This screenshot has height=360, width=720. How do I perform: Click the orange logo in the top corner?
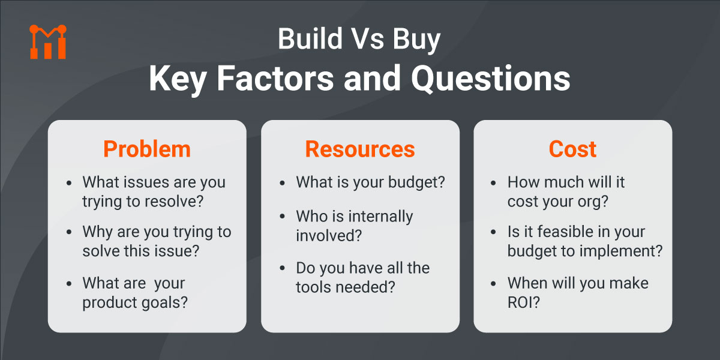pyautogui.click(x=47, y=42)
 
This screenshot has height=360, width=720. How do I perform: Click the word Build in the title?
pyautogui.click(x=304, y=40)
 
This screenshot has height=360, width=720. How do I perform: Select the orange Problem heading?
pyautogui.click(x=146, y=149)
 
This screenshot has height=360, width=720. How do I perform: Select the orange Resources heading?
pyautogui.click(x=360, y=149)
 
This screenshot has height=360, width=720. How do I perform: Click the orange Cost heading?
pyautogui.click(x=572, y=149)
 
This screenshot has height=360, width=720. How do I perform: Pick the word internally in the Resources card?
pyautogui.click(x=377, y=216)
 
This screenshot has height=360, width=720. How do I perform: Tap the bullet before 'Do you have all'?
pyautogui.click(x=283, y=269)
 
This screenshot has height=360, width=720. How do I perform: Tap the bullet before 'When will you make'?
pyautogui.click(x=496, y=283)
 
